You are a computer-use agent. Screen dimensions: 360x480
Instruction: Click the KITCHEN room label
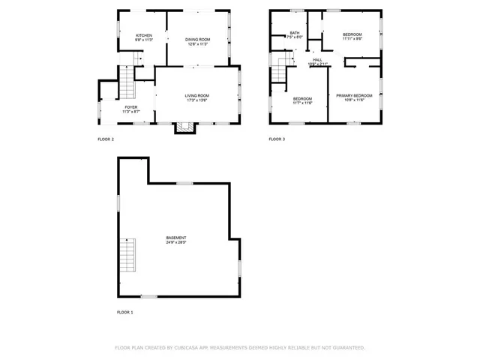[x=144, y=35]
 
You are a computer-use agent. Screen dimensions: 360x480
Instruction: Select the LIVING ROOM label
[x=197, y=95]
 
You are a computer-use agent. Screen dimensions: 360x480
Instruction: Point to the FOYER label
[x=130, y=107]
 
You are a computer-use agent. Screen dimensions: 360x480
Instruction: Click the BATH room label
[x=295, y=33]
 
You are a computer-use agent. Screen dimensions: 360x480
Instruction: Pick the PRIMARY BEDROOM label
[x=353, y=95]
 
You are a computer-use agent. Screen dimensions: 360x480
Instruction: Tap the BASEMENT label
[x=176, y=238]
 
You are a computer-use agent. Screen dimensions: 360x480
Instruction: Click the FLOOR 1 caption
[x=124, y=311]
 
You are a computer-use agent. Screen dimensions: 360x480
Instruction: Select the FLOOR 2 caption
[x=106, y=139]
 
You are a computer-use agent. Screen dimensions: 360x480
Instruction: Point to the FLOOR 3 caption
[x=277, y=139]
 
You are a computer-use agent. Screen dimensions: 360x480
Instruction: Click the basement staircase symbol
[x=128, y=256]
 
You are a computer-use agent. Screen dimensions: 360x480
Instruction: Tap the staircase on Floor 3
[x=280, y=70]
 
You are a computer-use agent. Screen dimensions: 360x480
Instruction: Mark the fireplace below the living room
[x=184, y=128]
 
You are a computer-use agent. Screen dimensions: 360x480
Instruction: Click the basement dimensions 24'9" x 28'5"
[x=176, y=243]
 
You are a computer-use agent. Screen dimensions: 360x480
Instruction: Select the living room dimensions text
[x=197, y=100]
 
